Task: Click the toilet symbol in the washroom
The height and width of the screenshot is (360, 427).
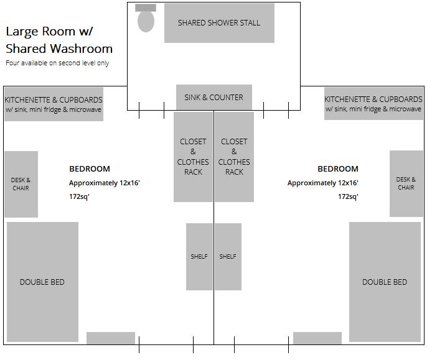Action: pos(146,19)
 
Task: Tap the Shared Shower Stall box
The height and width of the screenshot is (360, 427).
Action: pos(219,23)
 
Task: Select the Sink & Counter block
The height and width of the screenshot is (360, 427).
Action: pos(213,97)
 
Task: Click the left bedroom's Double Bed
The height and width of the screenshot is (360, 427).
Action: pos(42,282)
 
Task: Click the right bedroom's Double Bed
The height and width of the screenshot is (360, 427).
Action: pos(385,282)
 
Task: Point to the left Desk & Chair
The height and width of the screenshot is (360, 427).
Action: pos(21,184)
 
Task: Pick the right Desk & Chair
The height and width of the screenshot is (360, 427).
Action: pos(406,184)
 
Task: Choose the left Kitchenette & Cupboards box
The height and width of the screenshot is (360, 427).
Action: pos(54,104)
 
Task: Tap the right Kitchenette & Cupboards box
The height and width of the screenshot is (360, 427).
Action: pos(373,104)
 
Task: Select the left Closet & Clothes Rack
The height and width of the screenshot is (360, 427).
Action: pos(193,157)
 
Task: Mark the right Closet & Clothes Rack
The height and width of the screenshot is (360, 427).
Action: pos(234,157)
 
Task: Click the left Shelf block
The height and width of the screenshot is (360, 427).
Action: pos(199,257)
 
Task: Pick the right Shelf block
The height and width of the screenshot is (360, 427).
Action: pos(228,257)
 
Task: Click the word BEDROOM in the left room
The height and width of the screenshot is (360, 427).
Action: pos(90,169)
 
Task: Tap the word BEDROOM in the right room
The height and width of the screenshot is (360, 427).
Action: pos(338,169)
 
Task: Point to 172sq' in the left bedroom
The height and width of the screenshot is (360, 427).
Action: pos(79,196)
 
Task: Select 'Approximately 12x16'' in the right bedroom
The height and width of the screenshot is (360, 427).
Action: pos(322,183)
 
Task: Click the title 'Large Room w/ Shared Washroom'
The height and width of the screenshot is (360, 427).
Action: pos(59,40)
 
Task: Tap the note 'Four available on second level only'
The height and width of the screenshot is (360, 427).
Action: pos(57,63)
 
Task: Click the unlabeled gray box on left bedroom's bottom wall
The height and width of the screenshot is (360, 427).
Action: pos(111,338)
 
